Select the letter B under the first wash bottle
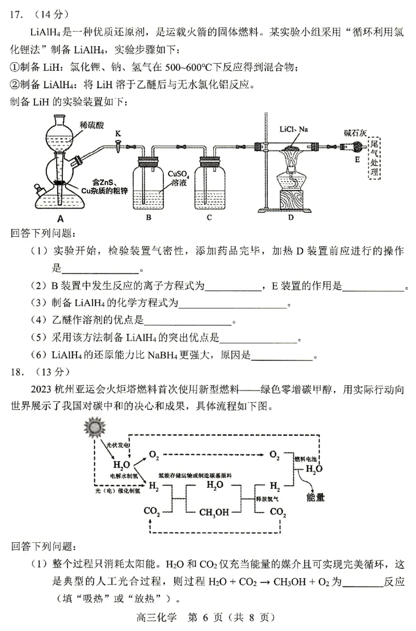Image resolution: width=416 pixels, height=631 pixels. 148,217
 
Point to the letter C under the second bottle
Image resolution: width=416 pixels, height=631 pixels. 209,217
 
